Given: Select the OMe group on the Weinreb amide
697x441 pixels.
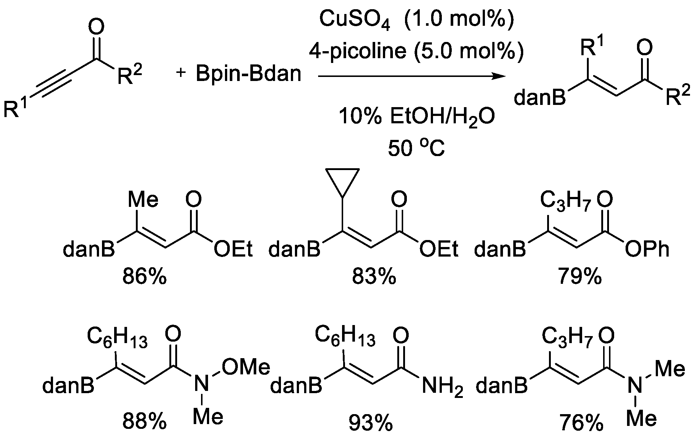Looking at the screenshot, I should tap(246, 367).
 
